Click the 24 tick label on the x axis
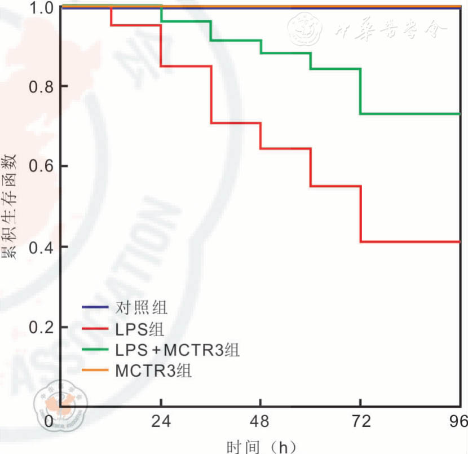click(161, 422)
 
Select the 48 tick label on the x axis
click(261, 422)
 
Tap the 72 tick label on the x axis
click(360, 422)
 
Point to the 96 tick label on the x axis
click(457, 422)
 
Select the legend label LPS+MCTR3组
click(178, 350)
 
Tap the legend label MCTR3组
click(153, 371)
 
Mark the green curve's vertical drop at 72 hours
click(360, 91)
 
